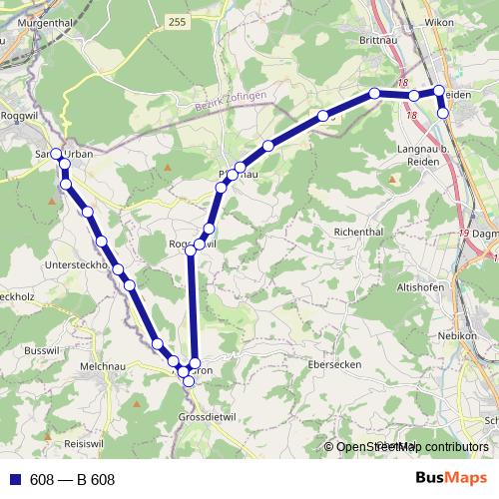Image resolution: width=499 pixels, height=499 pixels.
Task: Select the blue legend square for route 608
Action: click(x=14, y=479)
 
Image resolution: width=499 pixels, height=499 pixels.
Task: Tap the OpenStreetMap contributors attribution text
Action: click(x=411, y=447)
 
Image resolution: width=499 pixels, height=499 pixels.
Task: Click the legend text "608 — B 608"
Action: click(x=73, y=479)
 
